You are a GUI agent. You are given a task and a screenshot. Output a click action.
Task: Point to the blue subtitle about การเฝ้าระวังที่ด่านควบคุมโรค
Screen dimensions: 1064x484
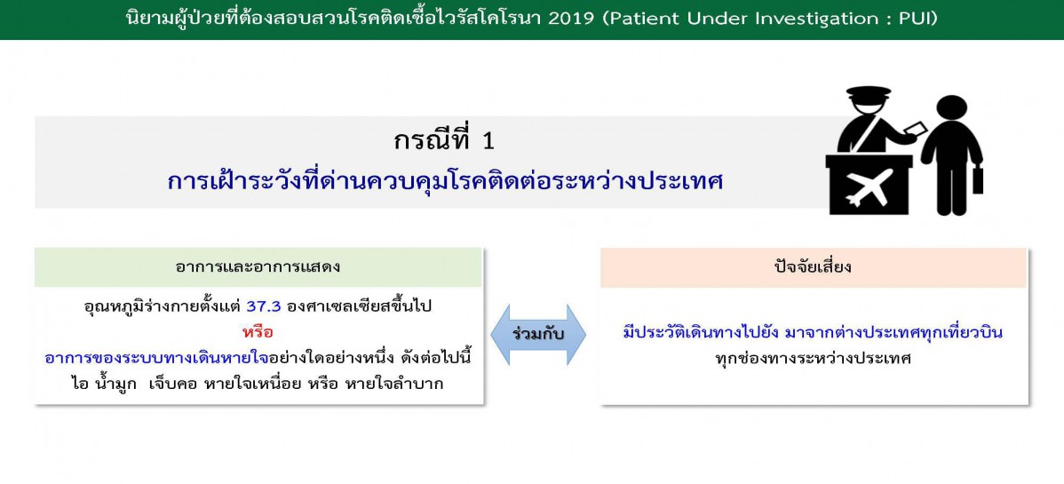pos(444,180)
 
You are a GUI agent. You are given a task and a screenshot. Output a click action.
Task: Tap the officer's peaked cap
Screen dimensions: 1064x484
pos(868,91)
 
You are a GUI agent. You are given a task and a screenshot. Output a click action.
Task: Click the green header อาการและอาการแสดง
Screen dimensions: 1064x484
pos(258,266)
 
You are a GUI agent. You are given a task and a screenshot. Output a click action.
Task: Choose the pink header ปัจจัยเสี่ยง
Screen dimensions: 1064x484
pos(813,266)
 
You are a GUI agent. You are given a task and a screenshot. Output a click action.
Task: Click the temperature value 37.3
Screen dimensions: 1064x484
pos(264,306)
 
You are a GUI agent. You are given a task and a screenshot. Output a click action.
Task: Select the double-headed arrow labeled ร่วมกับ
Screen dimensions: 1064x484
pos(538,335)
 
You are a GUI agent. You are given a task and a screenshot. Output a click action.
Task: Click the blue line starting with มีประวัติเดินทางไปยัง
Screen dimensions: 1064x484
pos(813,333)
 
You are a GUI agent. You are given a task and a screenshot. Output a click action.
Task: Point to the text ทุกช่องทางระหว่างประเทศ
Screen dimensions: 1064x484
pos(813,359)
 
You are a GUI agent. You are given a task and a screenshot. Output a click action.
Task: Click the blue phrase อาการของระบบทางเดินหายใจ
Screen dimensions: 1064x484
pos(156,358)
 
